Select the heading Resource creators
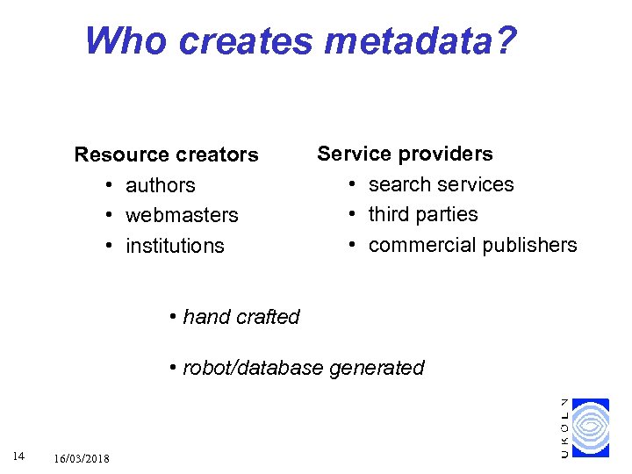pos(166,155)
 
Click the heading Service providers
pos(405,154)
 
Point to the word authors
pos(161,185)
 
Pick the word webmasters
pos(182,215)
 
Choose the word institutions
pos(175,246)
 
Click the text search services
pos(441,184)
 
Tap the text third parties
pos(423,214)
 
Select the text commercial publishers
pos(472,245)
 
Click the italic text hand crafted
pos(241,317)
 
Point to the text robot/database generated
pos(303,368)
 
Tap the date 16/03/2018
pos(82,459)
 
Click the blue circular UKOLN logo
pos(590,427)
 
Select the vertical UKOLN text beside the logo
pos(564,427)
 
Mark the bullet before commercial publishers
pos(351,245)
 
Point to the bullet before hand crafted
pos(175,317)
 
